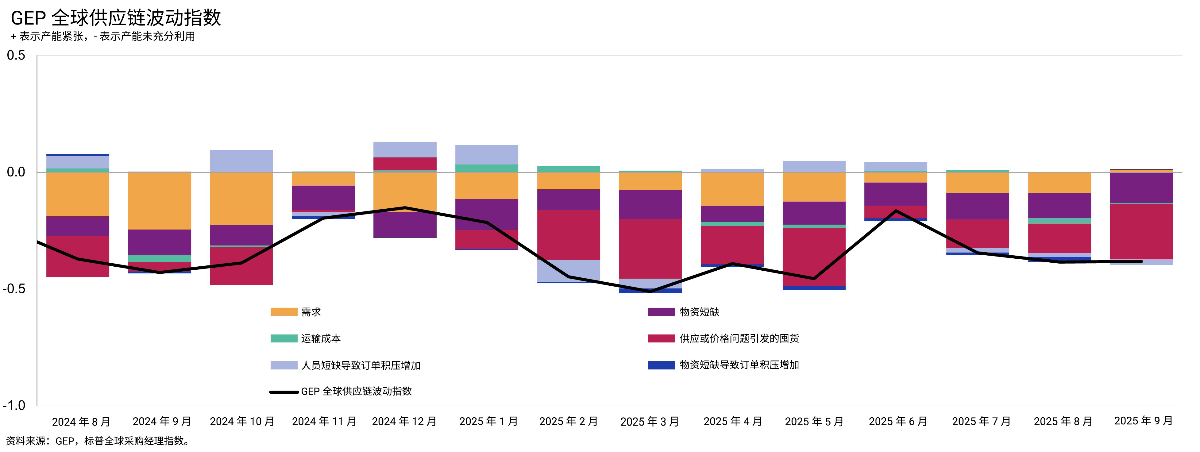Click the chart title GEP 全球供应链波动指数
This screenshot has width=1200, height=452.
click(x=116, y=18)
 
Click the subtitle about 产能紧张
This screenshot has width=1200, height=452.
click(x=102, y=36)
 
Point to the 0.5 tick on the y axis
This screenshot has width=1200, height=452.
click(x=16, y=56)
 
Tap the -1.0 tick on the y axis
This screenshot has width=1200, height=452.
click(x=14, y=405)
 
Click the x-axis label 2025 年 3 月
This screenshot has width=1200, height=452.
click(x=650, y=422)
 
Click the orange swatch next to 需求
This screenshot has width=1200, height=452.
click(x=284, y=312)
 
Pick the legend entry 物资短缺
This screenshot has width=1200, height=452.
click(x=699, y=312)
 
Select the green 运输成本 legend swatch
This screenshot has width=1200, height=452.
click(x=284, y=338)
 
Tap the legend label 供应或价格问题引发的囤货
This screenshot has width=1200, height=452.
click(x=739, y=338)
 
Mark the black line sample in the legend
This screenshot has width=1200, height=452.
click(x=284, y=392)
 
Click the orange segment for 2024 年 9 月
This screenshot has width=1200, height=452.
click(x=159, y=201)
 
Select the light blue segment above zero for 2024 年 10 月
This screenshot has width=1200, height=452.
click(x=241, y=161)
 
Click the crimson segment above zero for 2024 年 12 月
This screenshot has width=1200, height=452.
click(x=405, y=164)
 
